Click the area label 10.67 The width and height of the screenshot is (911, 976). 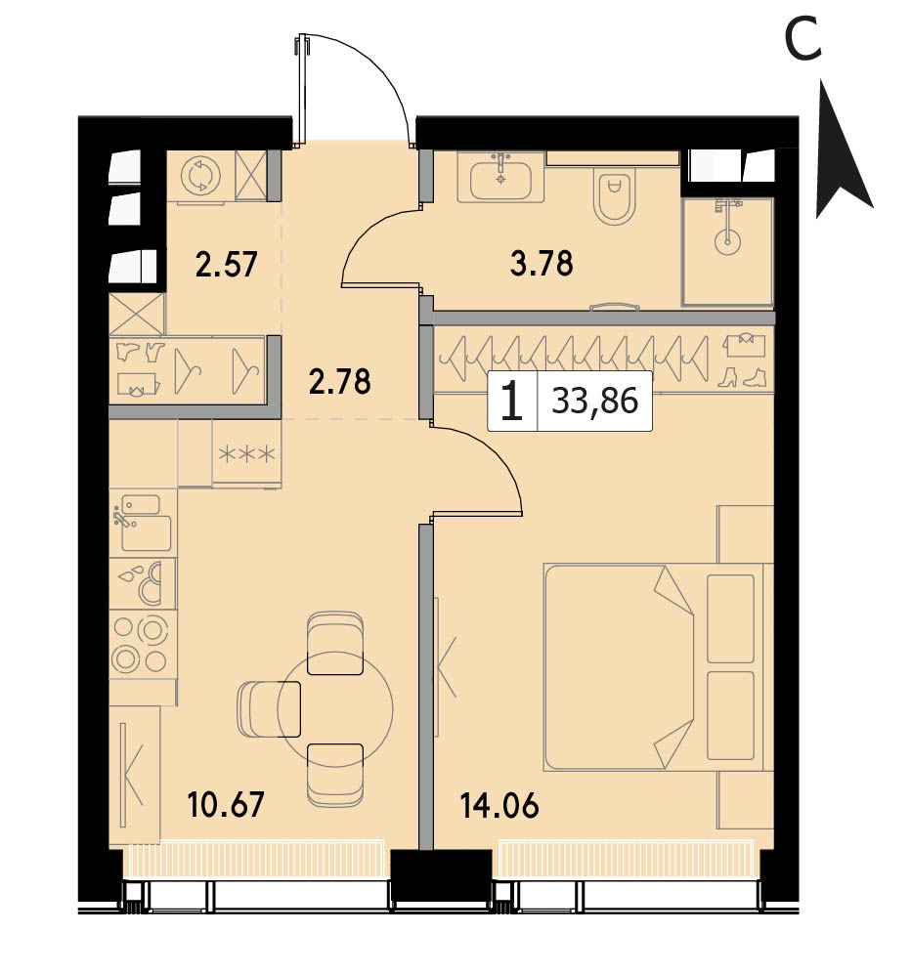pos(226,804)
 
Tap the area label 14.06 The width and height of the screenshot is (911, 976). pos(499,806)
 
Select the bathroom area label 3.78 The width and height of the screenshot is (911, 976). pos(542,263)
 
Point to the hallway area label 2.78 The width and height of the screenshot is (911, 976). pos(340,381)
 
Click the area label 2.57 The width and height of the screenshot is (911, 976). pos(226,264)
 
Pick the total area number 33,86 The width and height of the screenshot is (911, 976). pos(595,401)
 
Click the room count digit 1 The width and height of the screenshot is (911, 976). pos(512,401)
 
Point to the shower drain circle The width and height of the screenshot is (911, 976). pos(726,240)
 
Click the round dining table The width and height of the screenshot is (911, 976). pos(335,708)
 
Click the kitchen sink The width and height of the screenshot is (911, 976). pos(142,522)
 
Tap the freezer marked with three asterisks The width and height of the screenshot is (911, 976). pos(246,454)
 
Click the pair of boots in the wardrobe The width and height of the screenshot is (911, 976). pos(741,377)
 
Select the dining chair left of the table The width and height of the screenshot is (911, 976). pos(269,709)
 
